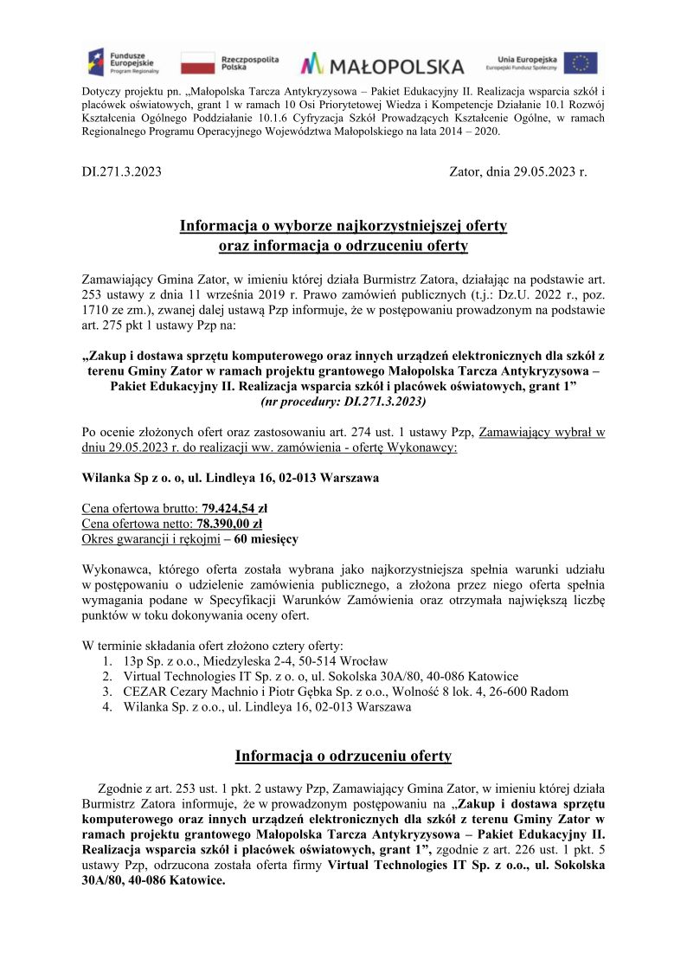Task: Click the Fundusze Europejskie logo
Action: (x=120, y=62)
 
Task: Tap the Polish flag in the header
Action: (x=197, y=62)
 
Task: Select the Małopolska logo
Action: (x=382, y=63)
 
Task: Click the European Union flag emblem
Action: (x=580, y=62)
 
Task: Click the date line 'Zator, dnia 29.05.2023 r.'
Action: (x=517, y=171)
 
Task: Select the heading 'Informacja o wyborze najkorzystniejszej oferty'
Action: (x=343, y=226)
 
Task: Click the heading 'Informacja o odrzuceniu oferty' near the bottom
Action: (x=343, y=756)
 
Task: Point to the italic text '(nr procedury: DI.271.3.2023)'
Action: (x=343, y=402)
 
